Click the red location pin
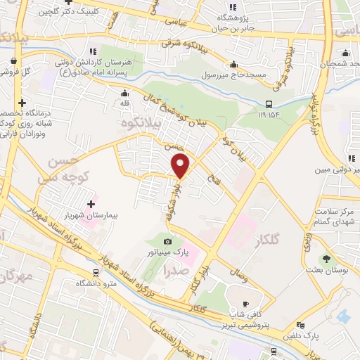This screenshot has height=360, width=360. coord(181,166)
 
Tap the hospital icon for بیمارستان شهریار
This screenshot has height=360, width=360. coord(91,204)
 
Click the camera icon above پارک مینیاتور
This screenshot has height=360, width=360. coord(168,242)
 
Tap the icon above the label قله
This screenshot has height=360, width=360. coord(125,94)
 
